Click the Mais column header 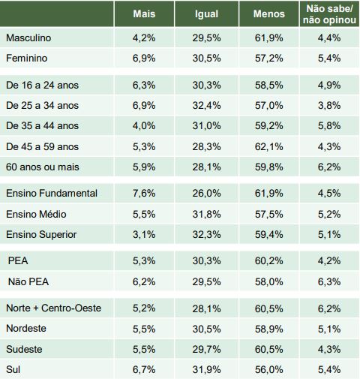[144, 14]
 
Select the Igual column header [206, 14]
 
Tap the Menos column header [269, 14]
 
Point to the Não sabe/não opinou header [329, 14]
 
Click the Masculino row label [28, 38]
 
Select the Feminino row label [26, 59]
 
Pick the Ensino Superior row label [41, 235]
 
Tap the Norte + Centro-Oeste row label [53, 308]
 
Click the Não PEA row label [28, 282]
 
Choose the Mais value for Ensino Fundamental [144, 194]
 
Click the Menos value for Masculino [269, 38]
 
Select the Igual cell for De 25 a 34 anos [206, 106]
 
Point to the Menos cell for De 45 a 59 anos [269, 147]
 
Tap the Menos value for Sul [269, 370]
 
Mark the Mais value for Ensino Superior [144, 235]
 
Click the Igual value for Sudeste [206, 350]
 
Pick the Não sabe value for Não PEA [329, 282]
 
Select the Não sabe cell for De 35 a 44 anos [329, 126]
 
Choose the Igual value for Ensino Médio [206, 215]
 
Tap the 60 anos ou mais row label [43, 167]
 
